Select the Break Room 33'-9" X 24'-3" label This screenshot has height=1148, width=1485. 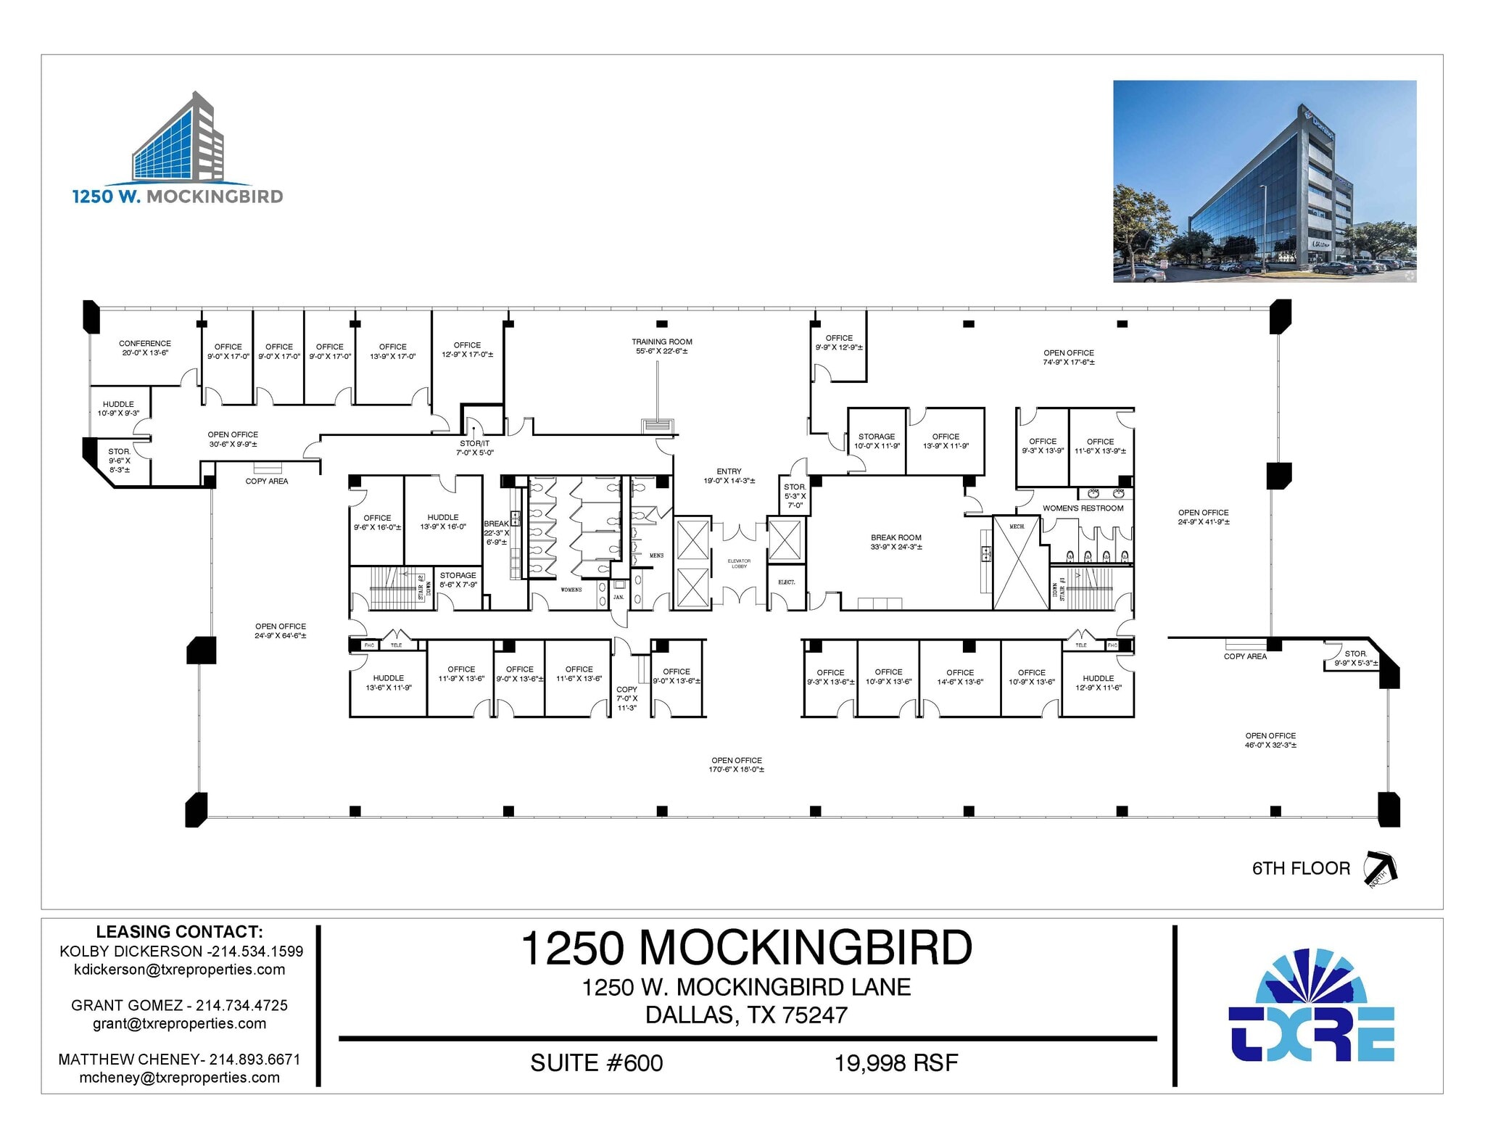pyautogui.click(x=896, y=542)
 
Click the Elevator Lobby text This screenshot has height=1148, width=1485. pyautogui.click(x=739, y=563)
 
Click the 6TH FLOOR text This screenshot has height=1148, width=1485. pyautogui.click(x=1301, y=868)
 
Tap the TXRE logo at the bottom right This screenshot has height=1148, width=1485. pyautogui.click(x=1312, y=1006)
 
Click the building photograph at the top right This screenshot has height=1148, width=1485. pyautogui.click(x=1264, y=181)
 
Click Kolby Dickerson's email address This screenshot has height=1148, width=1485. pyautogui.click(x=180, y=970)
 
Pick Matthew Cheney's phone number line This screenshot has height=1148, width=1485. pyautogui.click(x=179, y=1059)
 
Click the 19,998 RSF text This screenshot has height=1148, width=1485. pyautogui.click(x=896, y=1063)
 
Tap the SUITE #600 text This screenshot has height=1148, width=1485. pyautogui.click(x=596, y=1063)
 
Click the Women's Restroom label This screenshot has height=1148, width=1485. pyautogui.click(x=1083, y=508)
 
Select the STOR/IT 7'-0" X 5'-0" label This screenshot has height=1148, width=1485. pyautogui.click(x=474, y=447)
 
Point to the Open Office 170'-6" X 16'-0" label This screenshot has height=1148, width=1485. pyautogui.click(x=736, y=764)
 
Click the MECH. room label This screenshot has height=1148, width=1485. pyautogui.click(x=1017, y=526)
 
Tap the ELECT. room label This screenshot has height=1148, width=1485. pyautogui.click(x=786, y=582)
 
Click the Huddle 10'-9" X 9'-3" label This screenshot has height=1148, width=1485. pyautogui.click(x=118, y=408)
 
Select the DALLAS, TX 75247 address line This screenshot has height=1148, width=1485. pyautogui.click(x=746, y=1015)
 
